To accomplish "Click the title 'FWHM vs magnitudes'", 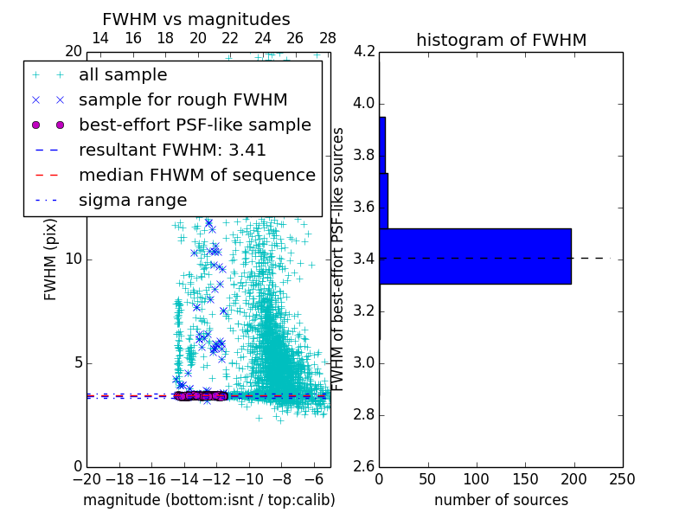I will pos(196,19).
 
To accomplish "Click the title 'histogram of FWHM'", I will pos(501,40).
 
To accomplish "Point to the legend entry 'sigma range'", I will pos(132,200).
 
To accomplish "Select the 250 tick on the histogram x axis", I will pos(622,478).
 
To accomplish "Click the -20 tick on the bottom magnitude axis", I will pos(86,478).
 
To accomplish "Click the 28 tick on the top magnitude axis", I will pos(327,38).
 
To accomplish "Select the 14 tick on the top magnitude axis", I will pos(100,38).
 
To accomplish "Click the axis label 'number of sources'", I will pos(501,500).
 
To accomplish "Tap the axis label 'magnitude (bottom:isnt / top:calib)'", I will pos(208,500).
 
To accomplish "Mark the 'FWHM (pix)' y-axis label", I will pos(51,259).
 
